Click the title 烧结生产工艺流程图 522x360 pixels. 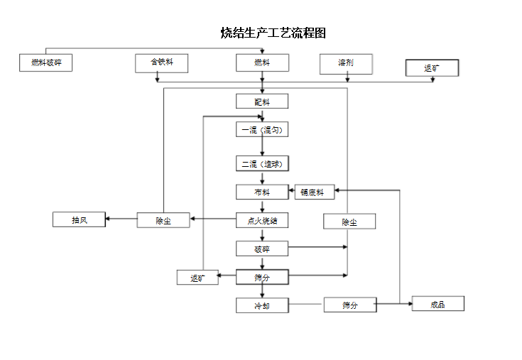[273, 33]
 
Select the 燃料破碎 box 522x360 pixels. [46, 63]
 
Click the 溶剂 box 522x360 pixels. [346, 63]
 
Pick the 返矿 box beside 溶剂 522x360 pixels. [432, 68]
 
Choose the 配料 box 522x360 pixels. [262, 102]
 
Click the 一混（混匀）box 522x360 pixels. [262, 130]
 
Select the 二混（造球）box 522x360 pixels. [262, 164]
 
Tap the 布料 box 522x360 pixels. [262, 192]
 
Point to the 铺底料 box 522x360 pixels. [314, 192]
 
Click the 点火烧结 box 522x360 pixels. [262, 220]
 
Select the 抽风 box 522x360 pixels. [79, 219]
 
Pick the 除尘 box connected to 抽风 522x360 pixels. [163, 220]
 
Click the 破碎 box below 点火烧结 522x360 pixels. [262, 249]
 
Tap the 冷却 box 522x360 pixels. [262, 305]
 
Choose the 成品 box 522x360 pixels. [437, 304]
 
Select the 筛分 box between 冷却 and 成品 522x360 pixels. [349, 305]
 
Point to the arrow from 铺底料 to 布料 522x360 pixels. [291, 192]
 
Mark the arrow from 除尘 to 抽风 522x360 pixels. [121, 219]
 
